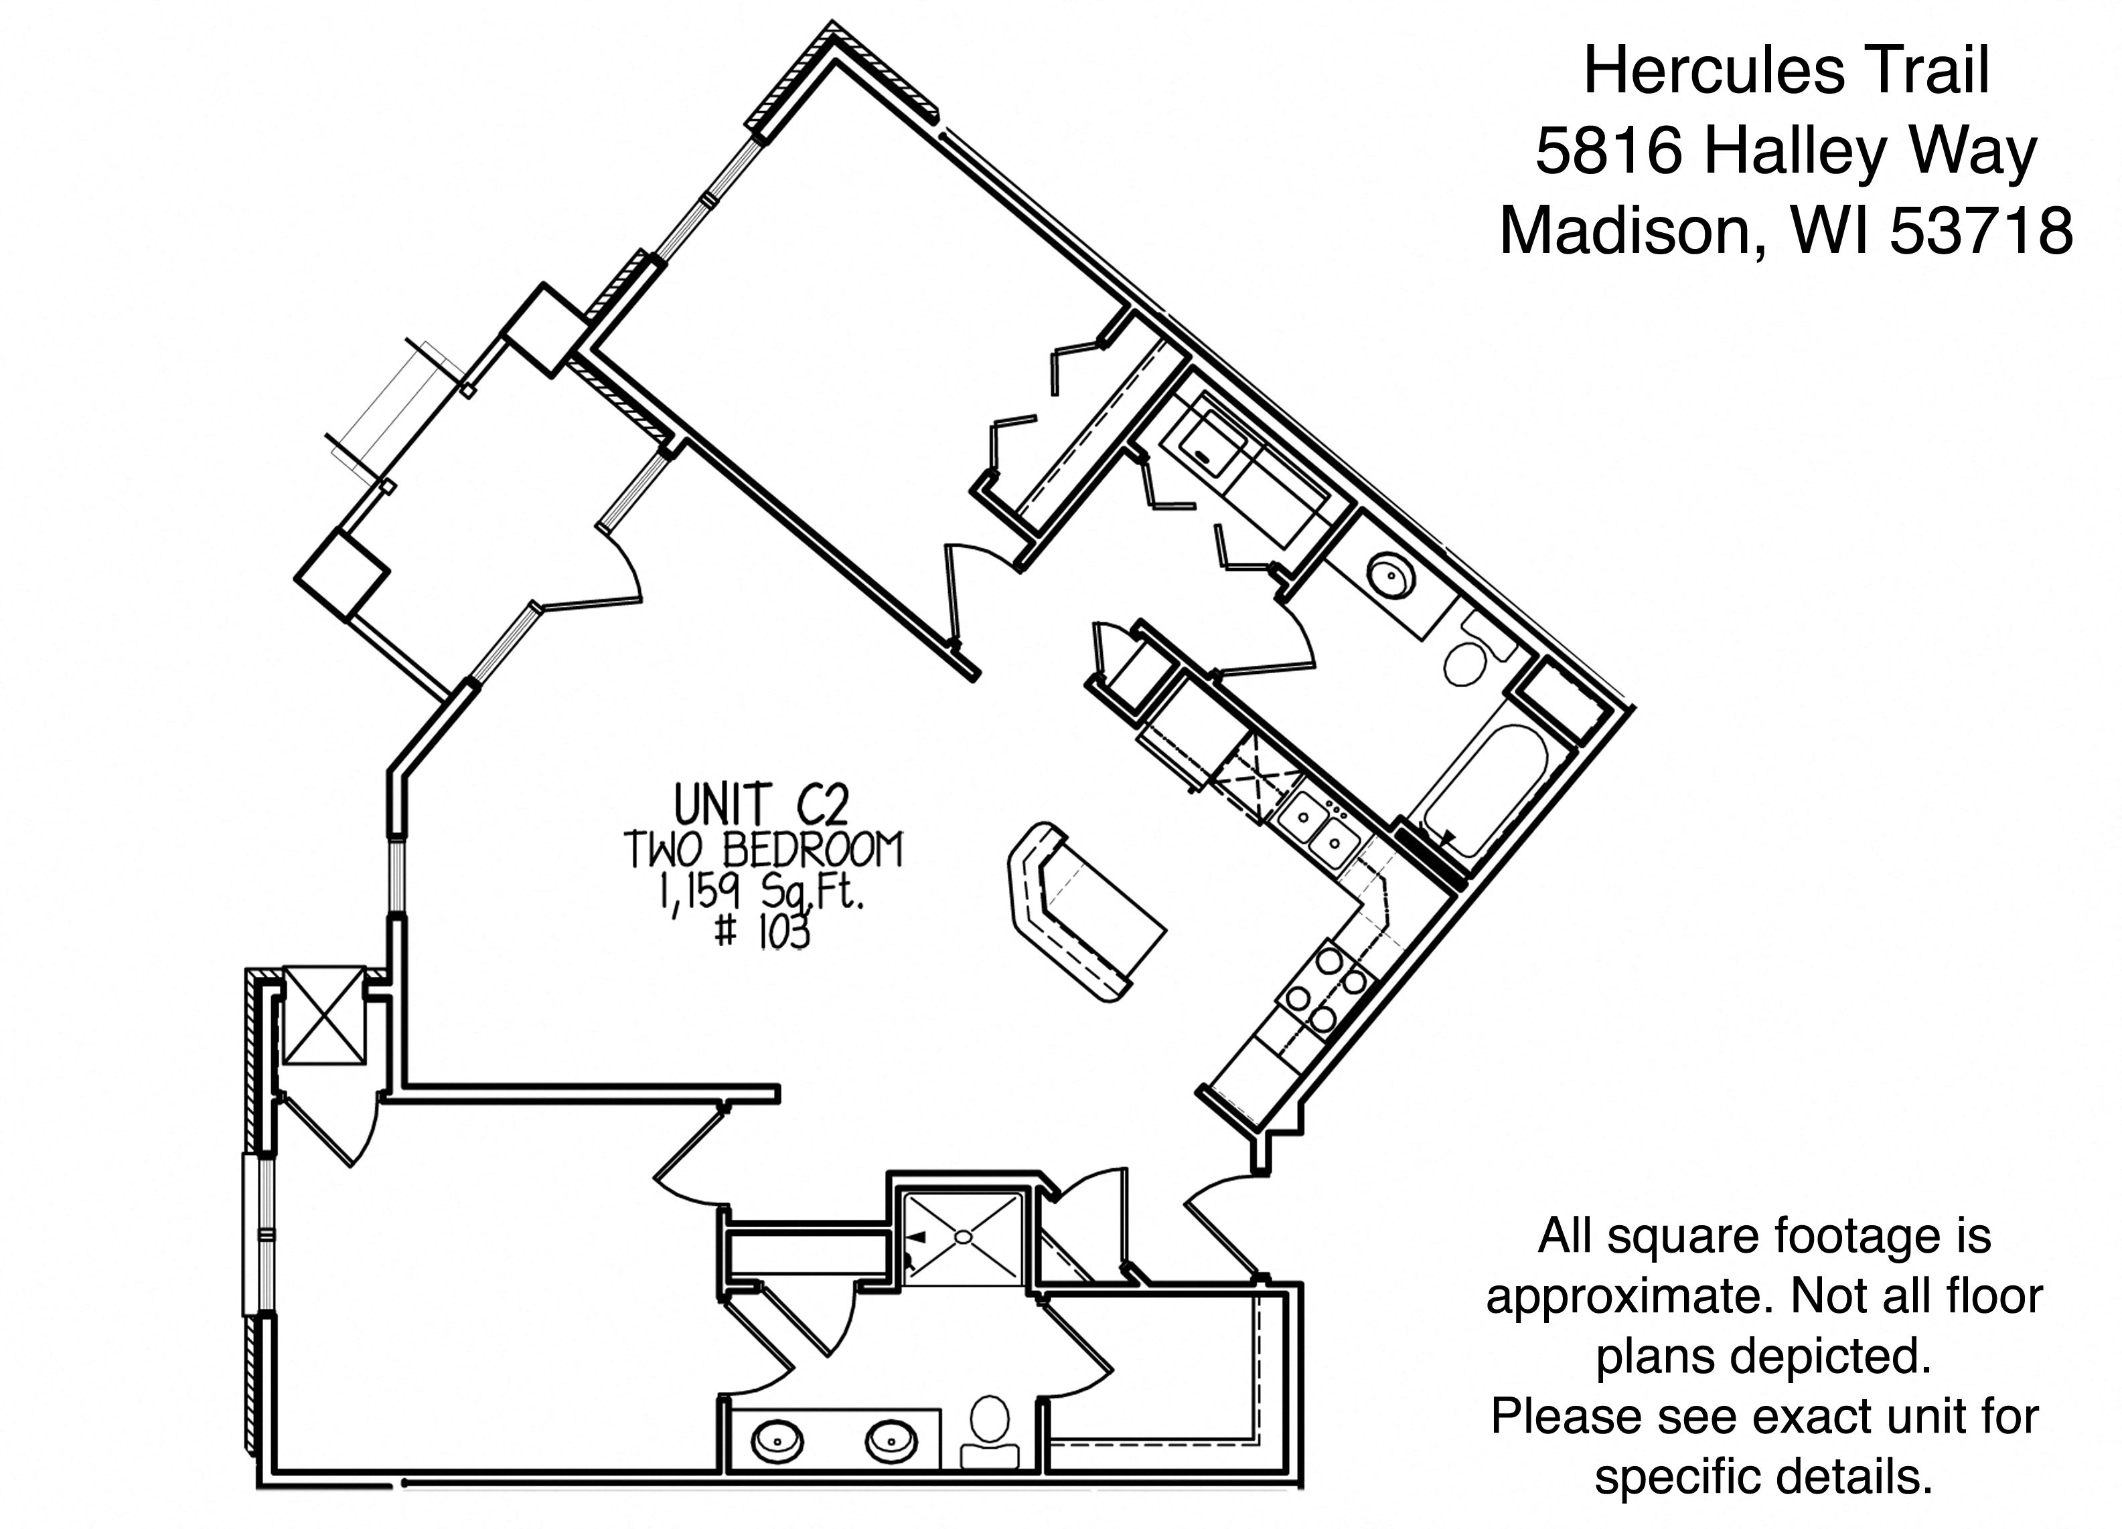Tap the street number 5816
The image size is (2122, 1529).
[1610, 151]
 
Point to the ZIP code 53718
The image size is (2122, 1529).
[1981, 231]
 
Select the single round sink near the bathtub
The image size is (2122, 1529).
[1390, 576]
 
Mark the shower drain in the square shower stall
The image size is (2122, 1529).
[963, 1237]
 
